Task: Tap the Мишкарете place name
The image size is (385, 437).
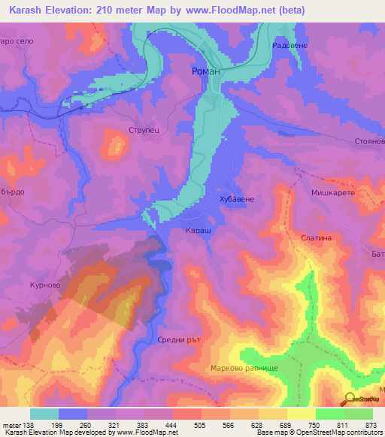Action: (x=337, y=193)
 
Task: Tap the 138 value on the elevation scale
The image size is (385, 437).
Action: (x=23, y=425)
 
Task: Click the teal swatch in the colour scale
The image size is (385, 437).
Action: (x=44, y=414)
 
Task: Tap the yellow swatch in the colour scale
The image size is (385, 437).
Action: (x=302, y=414)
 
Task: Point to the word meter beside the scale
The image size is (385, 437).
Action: (x=8, y=425)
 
